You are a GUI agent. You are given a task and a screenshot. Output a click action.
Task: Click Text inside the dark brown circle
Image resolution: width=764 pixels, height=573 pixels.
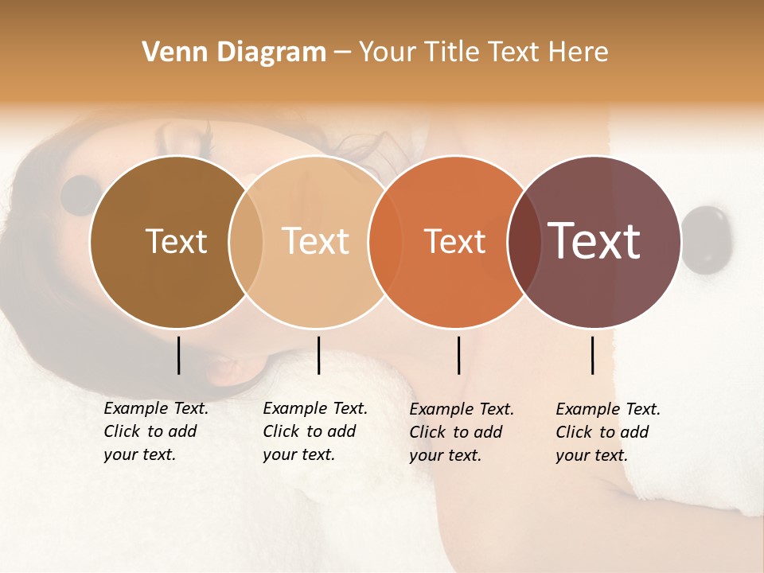[176, 241]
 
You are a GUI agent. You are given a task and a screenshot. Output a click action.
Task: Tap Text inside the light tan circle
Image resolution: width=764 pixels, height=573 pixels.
[315, 241]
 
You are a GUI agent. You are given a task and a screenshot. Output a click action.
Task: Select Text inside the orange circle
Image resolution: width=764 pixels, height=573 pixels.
[454, 241]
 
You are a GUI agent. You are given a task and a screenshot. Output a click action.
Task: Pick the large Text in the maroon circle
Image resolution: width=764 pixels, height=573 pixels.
[594, 241]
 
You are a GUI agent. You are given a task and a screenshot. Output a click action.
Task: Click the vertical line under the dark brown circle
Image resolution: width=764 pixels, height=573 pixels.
[178, 355]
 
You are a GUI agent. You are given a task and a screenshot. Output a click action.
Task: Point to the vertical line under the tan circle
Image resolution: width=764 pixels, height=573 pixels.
[318, 355]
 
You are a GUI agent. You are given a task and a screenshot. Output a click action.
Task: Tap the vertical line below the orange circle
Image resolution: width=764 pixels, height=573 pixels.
[458, 355]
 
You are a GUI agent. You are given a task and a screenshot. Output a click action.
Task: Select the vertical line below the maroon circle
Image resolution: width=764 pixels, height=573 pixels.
[593, 355]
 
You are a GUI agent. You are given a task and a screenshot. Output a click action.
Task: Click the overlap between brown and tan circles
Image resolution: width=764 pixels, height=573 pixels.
[246, 241]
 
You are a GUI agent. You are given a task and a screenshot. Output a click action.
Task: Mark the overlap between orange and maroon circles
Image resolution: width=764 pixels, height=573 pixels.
[524, 241]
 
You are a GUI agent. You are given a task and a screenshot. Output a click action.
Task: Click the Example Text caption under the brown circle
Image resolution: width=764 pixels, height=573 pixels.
[155, 431]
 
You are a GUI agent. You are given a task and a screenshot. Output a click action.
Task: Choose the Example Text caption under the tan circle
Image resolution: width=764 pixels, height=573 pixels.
[314, 431]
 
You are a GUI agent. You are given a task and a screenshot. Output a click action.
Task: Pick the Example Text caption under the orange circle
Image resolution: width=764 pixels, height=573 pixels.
[461, 432]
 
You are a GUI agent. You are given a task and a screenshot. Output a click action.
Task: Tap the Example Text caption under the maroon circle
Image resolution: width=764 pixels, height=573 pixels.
[607, 432]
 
